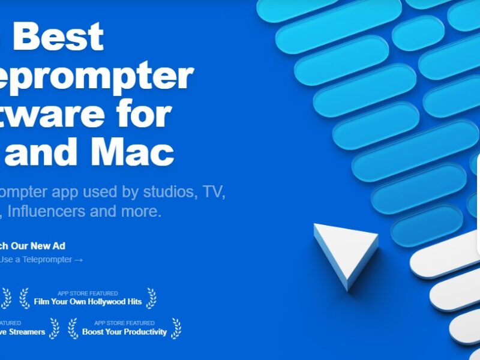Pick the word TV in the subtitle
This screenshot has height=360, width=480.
tap(214, 193)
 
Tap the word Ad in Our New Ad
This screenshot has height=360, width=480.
tap(59, 245)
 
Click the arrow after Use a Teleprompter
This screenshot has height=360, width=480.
tap(78, 260)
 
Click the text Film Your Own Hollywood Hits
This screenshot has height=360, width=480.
tap(88, 301)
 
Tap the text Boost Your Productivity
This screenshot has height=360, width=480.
tap(124, 332)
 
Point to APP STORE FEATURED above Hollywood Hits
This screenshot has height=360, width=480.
tap(88, 293)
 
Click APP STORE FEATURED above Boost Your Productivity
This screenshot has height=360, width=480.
tap(124, 323)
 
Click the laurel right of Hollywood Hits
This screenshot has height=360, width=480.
tap(152, 298)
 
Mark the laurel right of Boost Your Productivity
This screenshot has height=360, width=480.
tap(176, 328)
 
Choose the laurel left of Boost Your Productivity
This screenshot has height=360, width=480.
tap(73, 328)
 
